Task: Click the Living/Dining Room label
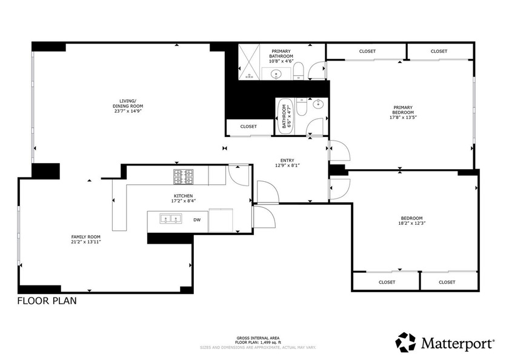(127, 103)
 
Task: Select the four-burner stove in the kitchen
(184, 177)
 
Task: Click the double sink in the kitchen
(170, 219)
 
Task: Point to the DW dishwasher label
(197, 220)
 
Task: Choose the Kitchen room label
(184, 196)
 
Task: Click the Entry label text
(287, 160)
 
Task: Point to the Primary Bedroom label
(403, 110)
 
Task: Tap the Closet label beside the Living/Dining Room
(248, 127)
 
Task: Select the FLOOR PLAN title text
(47, 301)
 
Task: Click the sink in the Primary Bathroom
(277, 75)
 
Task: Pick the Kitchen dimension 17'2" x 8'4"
(184, 201)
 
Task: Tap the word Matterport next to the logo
(457, 344)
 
